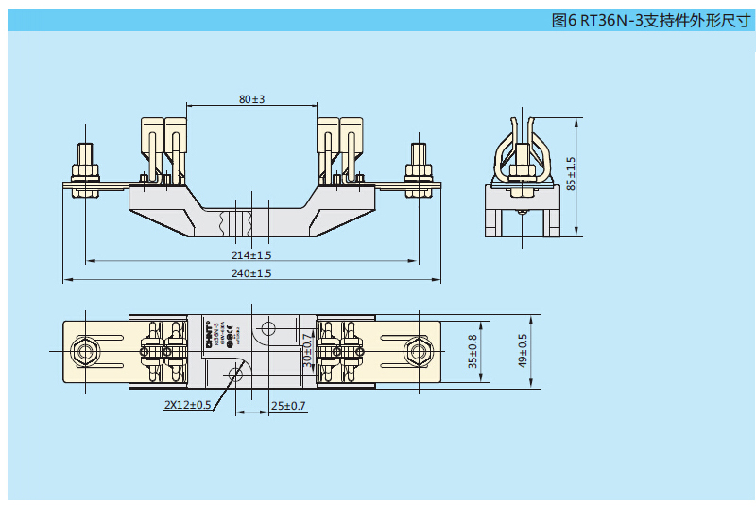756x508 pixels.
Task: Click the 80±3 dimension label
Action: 251,98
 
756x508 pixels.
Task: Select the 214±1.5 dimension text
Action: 251,255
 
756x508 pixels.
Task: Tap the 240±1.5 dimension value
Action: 251,273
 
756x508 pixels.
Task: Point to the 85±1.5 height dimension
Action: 570,174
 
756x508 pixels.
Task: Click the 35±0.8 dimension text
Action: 472,351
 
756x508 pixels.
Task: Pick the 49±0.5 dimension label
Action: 522,351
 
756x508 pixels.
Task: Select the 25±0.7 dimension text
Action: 288,405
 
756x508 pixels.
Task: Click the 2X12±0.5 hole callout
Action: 187,405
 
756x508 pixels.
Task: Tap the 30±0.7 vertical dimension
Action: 306,351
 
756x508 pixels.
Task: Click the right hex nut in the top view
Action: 417,352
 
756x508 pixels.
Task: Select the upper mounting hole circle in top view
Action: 267,329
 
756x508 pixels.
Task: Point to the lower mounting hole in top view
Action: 236,375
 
